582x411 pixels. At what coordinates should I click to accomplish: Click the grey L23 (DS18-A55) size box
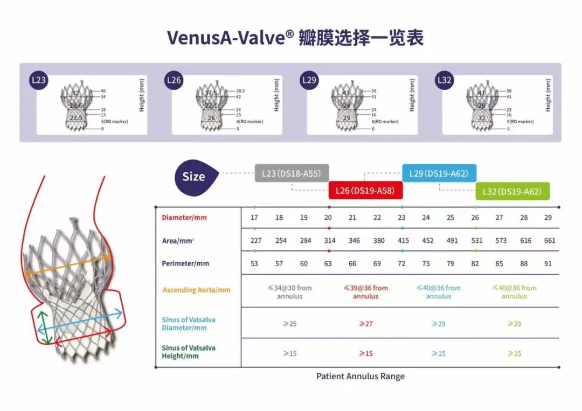click(x=292, y=173)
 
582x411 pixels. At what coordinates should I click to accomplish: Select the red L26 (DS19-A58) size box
click(x=365, y=191)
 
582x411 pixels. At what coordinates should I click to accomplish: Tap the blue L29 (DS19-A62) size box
click(x=439, y=173)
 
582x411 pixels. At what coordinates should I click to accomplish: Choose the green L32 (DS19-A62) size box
click(x=512, y=191)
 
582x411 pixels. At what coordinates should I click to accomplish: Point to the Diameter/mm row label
click(x=184, y=218)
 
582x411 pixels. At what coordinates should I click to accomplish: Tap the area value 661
click(x=549, y=241)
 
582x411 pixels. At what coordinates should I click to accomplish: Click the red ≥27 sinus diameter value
click(x=366, y=324)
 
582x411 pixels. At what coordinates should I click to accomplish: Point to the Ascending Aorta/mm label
click(x=196, y=290)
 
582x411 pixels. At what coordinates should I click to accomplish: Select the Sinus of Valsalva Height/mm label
click(x=189, y=352)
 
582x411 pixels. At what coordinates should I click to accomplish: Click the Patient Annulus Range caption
click(x=360, y=377)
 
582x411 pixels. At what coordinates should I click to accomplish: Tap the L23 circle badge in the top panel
click(x=39, y=81)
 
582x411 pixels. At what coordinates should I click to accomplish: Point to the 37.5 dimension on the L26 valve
click(x=211, y=93)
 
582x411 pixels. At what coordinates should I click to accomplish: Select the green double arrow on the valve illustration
click(x=46, y=329)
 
